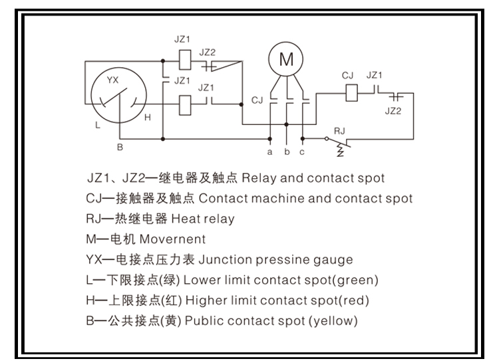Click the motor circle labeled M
tap(286, 60)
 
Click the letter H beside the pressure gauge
tap(148, 117)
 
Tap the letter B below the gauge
tap(120, 147)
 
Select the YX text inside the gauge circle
tap(114, 80)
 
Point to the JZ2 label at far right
tap(393, 111)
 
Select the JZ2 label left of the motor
tap(208, 52)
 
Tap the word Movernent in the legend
tap(176, 239)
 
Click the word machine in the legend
tap(256, 198)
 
